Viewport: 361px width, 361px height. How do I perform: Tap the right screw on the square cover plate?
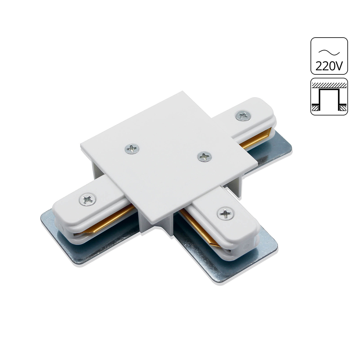point(204,156)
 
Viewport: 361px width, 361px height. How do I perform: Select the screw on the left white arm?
point(88,199)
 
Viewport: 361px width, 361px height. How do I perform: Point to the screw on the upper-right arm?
point(243,116)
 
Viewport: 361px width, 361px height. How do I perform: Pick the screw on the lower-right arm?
point(226,214)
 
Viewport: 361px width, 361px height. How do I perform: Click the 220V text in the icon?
point(329,66)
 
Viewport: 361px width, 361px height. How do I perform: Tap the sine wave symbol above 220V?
point(329,52)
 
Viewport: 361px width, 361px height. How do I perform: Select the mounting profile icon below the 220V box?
point(329,97)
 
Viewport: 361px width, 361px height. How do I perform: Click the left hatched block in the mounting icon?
point(315,107)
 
